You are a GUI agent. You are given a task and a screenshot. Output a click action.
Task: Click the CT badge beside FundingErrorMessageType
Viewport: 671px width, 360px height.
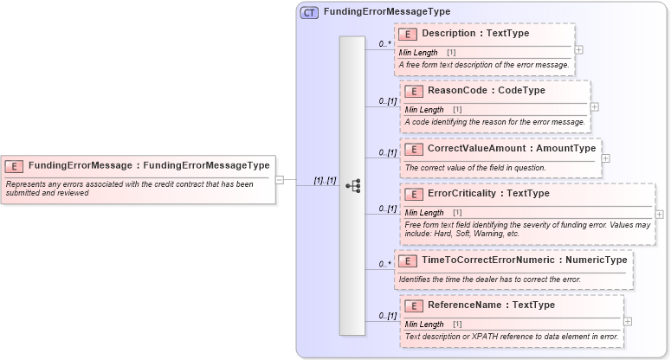309,13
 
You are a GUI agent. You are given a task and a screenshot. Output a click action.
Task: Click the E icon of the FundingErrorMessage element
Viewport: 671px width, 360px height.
15,165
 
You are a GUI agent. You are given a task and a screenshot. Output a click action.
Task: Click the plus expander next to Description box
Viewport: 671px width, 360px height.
578,49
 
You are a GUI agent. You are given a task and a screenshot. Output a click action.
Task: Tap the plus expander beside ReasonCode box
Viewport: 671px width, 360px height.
594,106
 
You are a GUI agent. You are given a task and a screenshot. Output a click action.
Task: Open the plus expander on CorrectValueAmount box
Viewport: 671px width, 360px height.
605,158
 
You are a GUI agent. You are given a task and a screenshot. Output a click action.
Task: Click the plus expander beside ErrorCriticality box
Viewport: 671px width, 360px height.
660,214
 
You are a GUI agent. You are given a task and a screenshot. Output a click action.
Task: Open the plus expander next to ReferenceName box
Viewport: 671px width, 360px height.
628,321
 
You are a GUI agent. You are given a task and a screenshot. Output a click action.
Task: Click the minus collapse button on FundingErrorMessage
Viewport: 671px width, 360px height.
280,180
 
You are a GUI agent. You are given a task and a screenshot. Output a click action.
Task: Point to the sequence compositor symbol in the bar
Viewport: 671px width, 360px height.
352,185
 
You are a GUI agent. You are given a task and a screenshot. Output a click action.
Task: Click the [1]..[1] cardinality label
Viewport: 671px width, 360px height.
325,180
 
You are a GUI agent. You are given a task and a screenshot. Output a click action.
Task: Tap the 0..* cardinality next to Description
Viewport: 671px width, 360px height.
385,42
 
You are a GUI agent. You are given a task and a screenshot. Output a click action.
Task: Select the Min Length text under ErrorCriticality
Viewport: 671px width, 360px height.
424,213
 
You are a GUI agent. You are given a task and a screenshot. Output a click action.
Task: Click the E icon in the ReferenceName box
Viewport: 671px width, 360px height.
413,305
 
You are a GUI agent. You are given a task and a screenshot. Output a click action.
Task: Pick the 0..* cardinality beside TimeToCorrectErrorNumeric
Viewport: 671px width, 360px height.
385,263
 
